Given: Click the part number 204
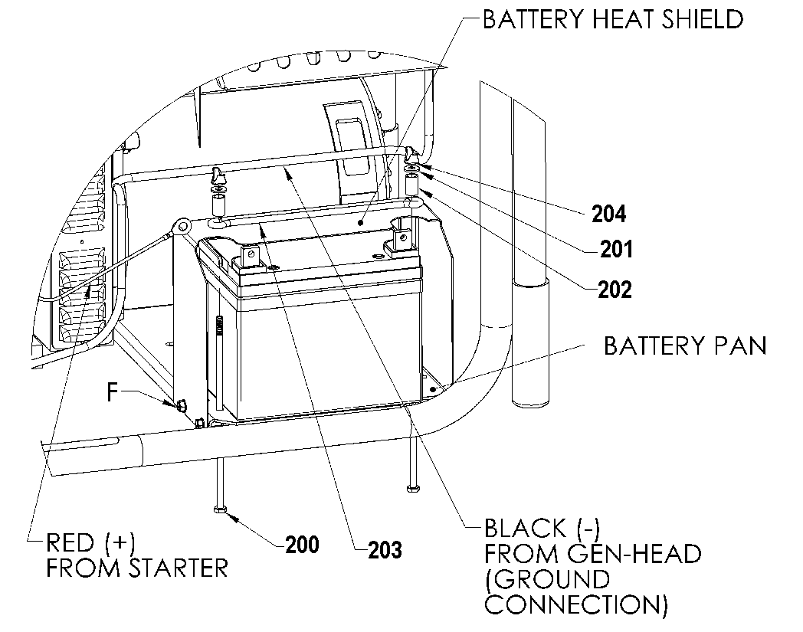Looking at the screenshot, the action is pyautogui.click(x=609, y=214).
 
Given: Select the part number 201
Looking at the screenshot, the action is pyautogui.click(x=616, y=250).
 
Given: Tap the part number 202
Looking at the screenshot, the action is pyautogui.click(x=615, y=290).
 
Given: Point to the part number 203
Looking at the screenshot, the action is pyautogui.click(x=385, y=550).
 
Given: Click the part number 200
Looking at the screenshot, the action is pyautogui.click(x=302, y=545).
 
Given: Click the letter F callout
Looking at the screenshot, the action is pyautogui.click(x=113, y=393).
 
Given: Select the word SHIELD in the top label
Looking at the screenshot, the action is pyautogui.click(x=702, y=19).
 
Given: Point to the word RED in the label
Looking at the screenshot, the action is pyautogui.click(x=70, y=542).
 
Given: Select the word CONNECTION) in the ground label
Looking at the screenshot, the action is pyautogui.click(x=576, y=604).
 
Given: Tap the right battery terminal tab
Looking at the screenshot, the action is pyautogui.click(x=401, y=239).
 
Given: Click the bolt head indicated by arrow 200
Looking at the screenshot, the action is pyautogui.click(x=220, y=509).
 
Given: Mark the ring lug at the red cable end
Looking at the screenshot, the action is pyautogui.click(x=182, y=224).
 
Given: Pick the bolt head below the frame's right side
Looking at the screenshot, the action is pyautogui.click(x=413, y=489).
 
